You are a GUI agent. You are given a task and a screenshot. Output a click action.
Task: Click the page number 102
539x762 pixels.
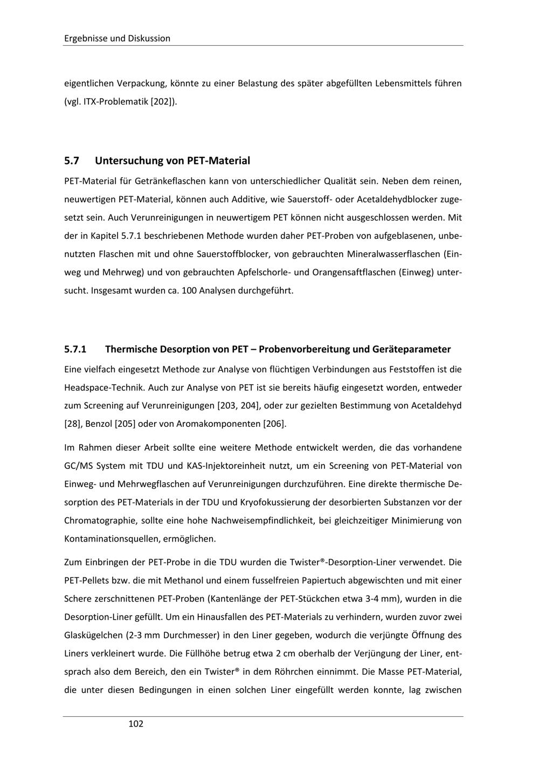click(136, 724)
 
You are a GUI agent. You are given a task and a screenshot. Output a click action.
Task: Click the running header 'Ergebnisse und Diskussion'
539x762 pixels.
click(117, 38)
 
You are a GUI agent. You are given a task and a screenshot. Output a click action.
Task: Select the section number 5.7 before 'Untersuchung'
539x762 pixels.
click(72, 161)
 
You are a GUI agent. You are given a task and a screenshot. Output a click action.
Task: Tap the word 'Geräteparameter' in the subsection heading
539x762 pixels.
click(411, 349)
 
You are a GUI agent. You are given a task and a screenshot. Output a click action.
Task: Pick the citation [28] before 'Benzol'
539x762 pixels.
click(73, 424)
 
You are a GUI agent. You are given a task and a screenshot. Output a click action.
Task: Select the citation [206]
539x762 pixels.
click(274, 424)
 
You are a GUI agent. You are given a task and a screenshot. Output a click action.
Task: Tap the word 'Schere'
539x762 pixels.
click(77, 599)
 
